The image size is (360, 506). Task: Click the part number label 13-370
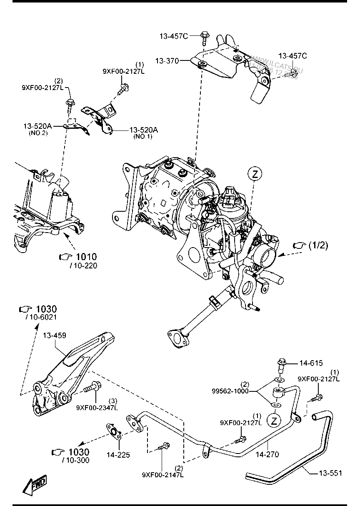(167, 61)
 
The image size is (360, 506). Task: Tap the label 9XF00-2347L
(97, 408)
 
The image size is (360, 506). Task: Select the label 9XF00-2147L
(162, 474)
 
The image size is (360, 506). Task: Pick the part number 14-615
(311, 363)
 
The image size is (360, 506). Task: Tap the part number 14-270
(267, 455)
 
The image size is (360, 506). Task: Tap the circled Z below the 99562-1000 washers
(273, 420)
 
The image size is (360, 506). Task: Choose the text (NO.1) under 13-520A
(143, 137)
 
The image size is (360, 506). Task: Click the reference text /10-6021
(41, 318)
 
